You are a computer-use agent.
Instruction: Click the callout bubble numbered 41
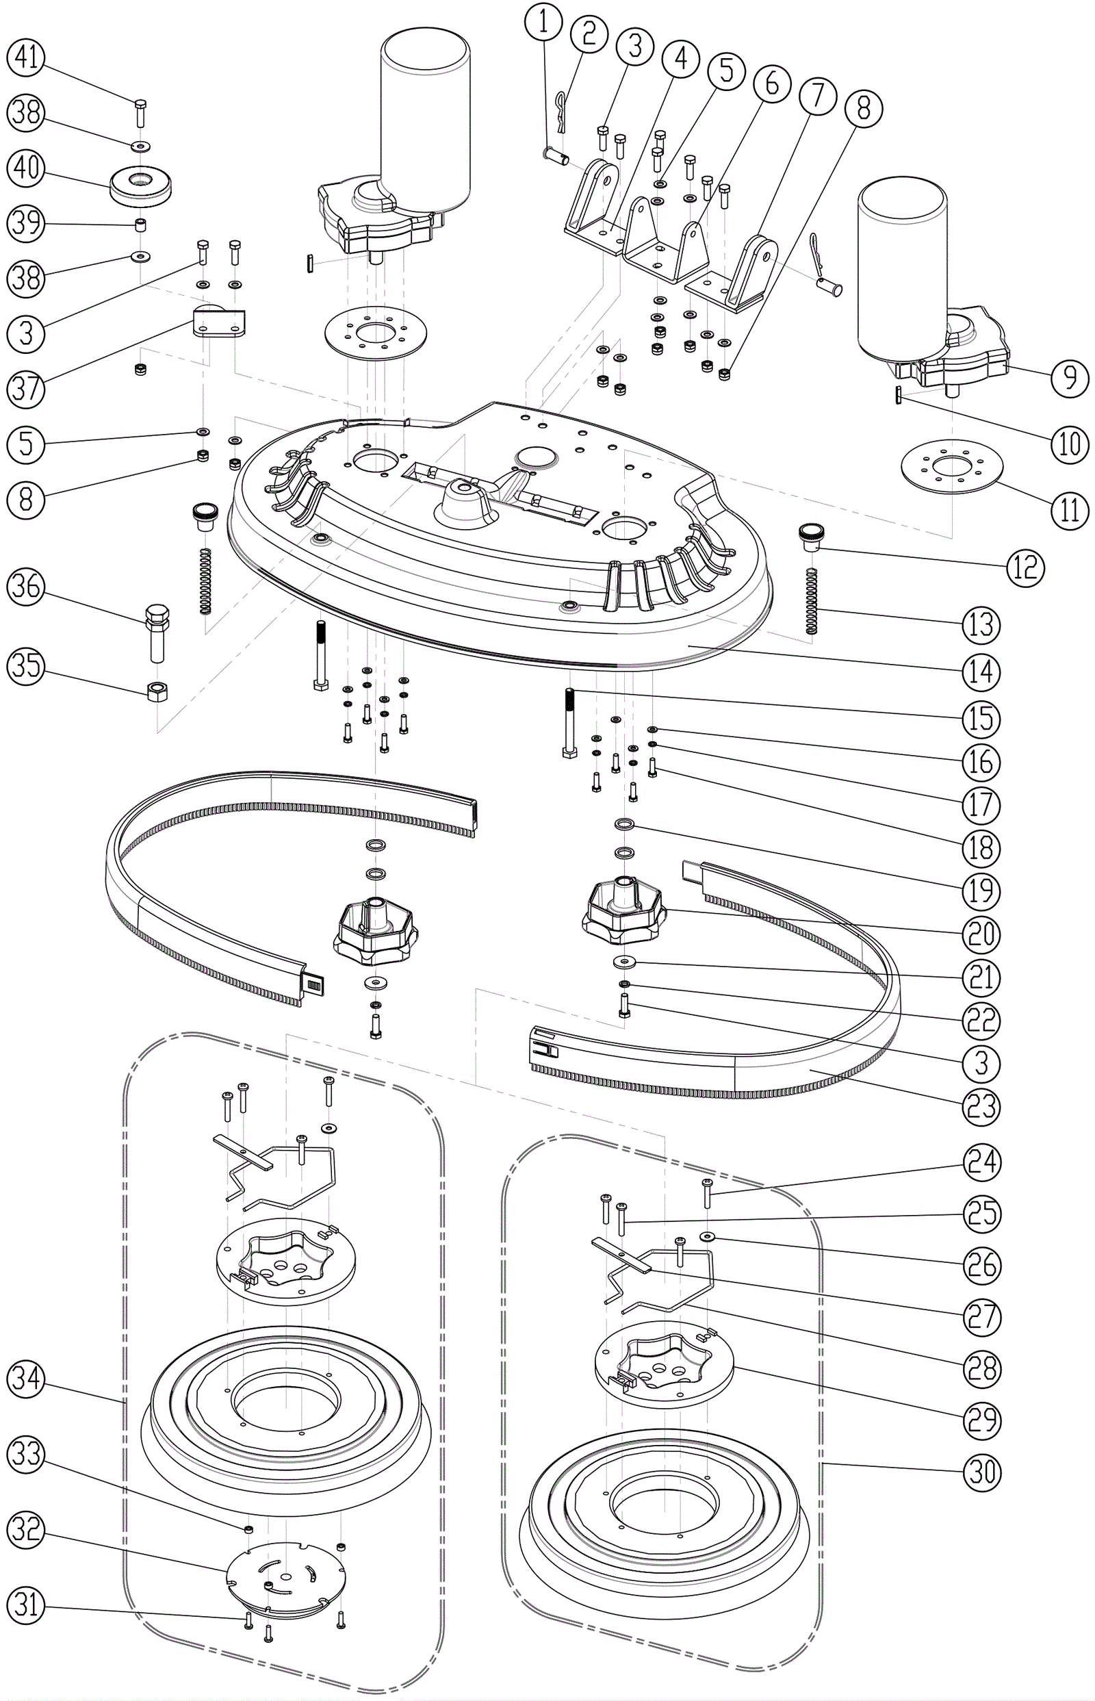tap(26, 57)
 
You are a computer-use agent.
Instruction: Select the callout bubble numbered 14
tap(981, 672)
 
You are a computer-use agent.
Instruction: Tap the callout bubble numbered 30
tap(982, 1471)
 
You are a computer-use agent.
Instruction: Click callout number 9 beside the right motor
tap(1070, 378)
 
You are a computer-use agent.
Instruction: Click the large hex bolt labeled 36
tap(157, 628)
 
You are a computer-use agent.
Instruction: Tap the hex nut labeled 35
tap(157, 690)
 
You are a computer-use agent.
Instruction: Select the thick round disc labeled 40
tap(141, 185)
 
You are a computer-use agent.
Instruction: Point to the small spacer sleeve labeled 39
tap(141, 226)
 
